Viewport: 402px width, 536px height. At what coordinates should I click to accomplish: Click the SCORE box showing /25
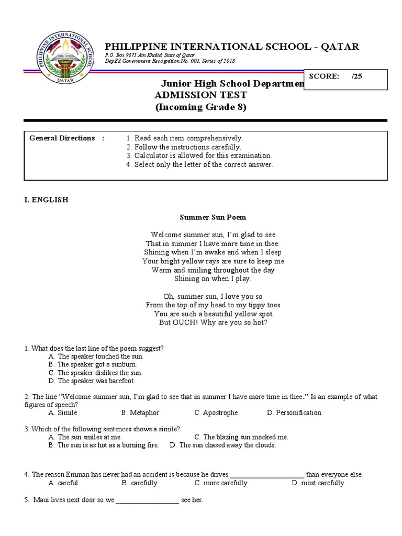click(x=345, y=76)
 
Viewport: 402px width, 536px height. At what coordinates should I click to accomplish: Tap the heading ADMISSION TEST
click(x=199, y=95)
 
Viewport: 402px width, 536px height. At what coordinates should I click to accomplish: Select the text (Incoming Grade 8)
click(x=200, y=107)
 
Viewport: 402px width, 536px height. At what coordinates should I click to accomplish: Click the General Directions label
click(x=62, y=138)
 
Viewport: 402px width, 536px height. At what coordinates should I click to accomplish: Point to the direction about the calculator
click(x=199, y=156)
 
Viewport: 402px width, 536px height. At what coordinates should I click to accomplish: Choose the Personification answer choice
click(x=294, y=413)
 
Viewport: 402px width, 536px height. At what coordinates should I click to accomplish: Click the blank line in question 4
click(x=267, y=475)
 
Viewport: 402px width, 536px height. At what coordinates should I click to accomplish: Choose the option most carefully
click(x=318, y=483)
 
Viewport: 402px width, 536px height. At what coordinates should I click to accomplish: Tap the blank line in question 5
click(x=147, y=501)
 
